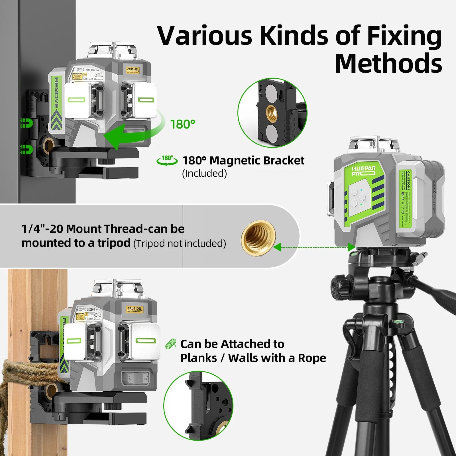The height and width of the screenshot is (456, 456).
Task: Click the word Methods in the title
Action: (388, 63)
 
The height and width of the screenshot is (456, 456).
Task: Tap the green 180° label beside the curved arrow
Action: (182, 124)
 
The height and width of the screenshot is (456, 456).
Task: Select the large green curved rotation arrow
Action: (134, 131)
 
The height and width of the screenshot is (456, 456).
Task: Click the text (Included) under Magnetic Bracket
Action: (204, 173)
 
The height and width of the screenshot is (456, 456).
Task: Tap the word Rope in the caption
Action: (312, 358)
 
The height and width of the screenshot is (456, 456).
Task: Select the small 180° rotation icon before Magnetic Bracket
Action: (167, 160)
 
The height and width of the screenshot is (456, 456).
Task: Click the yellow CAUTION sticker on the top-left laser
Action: (133, 70)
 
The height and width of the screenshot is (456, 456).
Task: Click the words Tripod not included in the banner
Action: (180, 243)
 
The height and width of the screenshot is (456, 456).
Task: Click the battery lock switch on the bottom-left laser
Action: (137, 378)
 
